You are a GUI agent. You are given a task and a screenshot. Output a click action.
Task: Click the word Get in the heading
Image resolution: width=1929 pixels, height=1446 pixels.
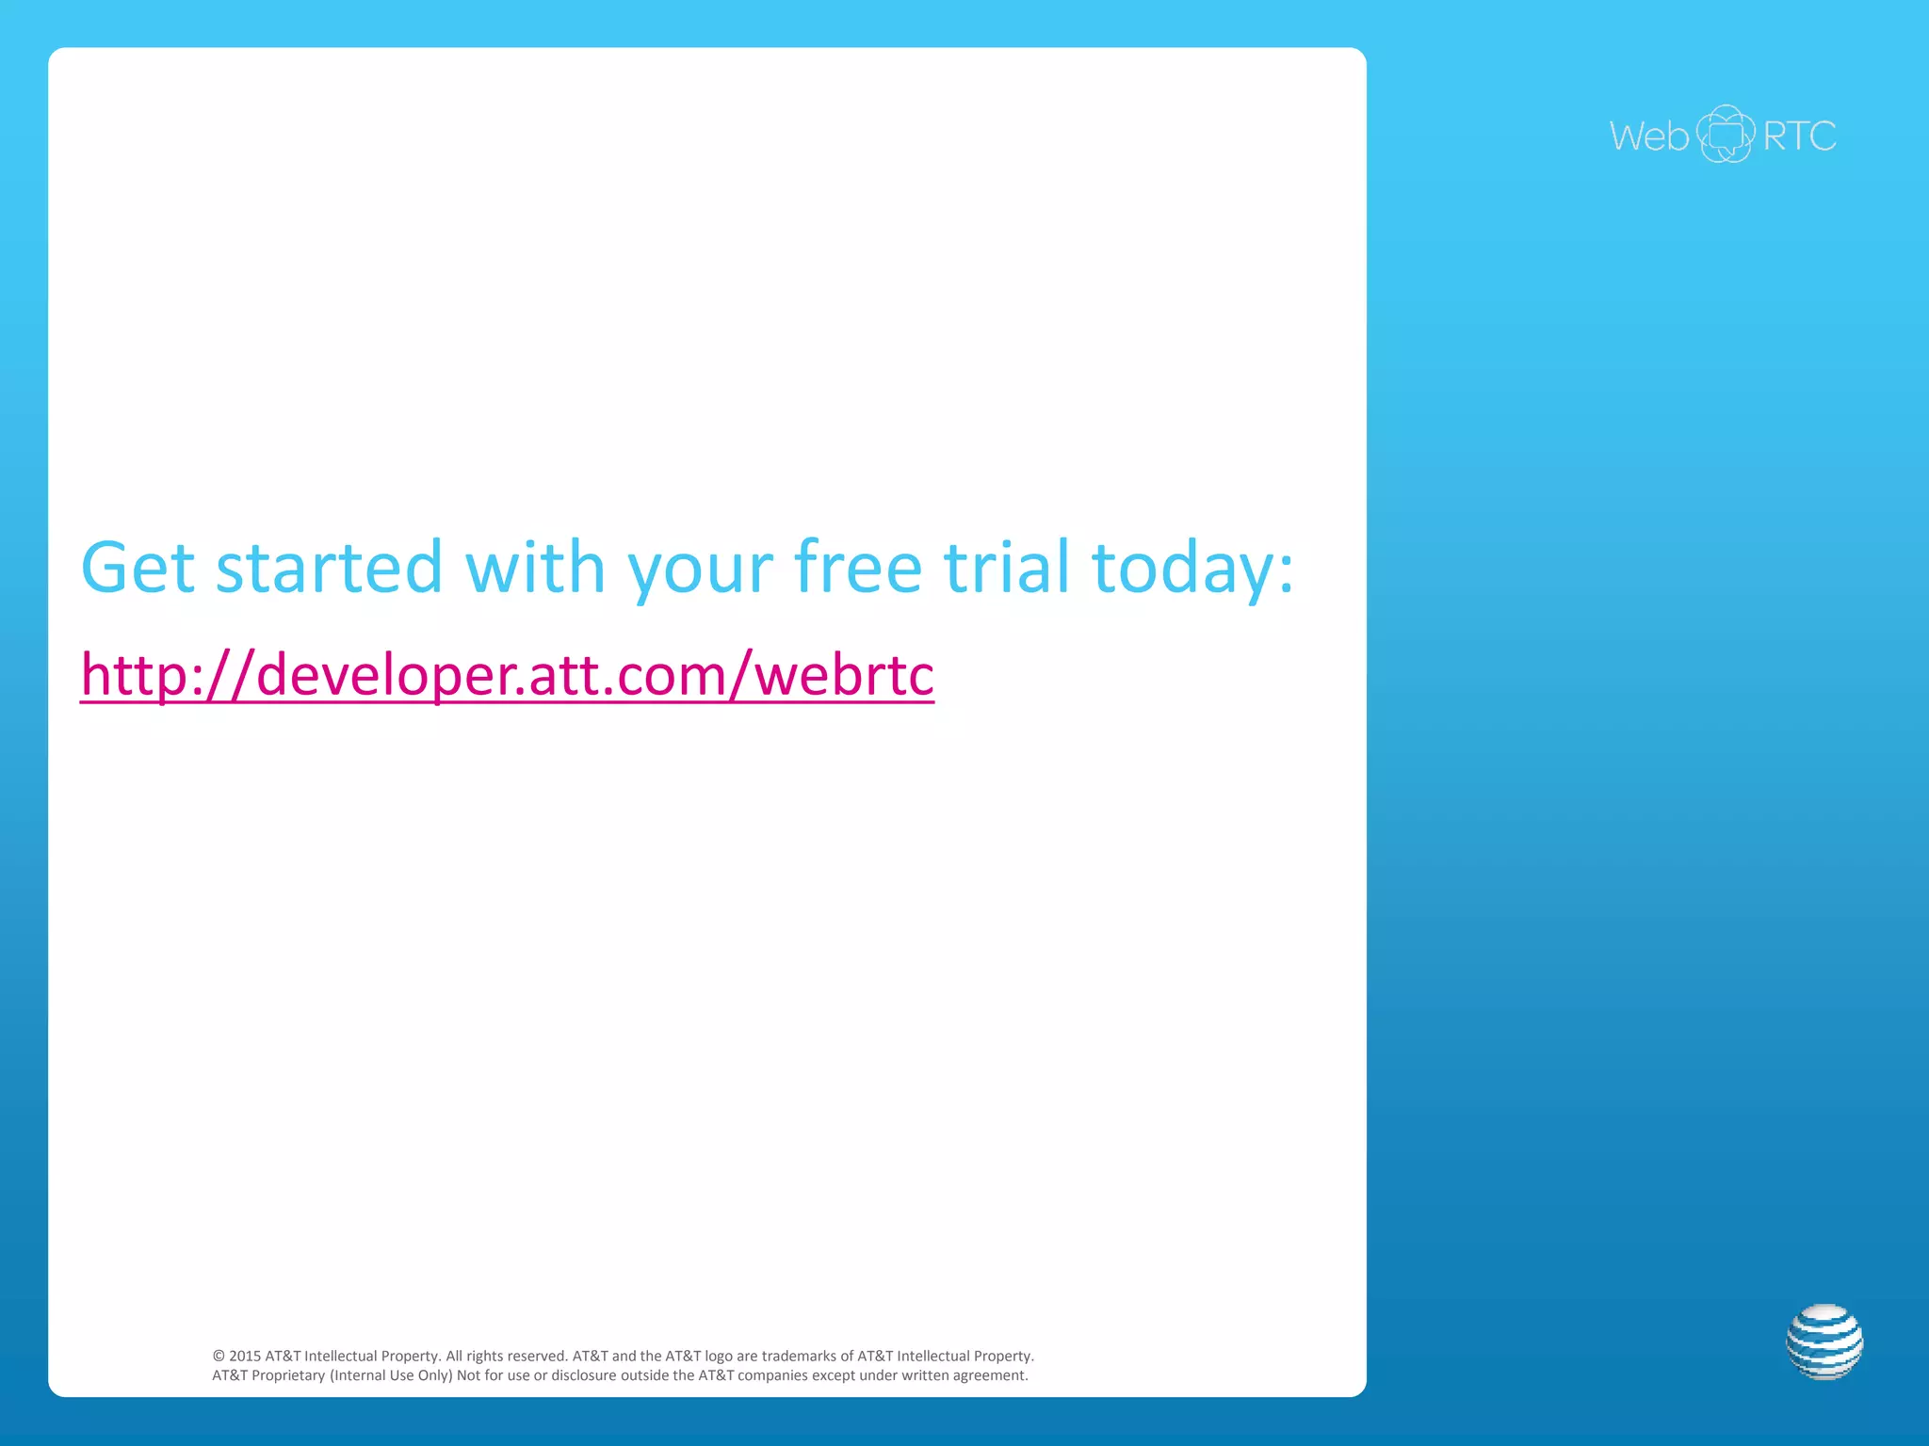click(x=138, y=568)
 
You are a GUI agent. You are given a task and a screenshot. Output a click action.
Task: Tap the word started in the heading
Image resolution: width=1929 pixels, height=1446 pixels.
click(x=329, y=568)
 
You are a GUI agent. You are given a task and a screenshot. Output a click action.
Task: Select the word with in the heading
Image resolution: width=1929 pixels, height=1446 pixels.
click(x=535, y=568)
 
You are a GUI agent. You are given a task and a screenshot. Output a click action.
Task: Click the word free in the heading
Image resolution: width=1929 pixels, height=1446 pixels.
click(x=858, y=568)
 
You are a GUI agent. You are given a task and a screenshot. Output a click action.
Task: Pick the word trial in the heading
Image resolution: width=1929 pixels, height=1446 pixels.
click(x=1007, y=568)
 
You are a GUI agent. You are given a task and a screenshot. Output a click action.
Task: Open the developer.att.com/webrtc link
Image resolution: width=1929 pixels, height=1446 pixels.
click(x=507, y=675)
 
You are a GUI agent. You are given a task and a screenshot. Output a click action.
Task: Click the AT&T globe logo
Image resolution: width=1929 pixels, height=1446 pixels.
click(x=1824, y=1342)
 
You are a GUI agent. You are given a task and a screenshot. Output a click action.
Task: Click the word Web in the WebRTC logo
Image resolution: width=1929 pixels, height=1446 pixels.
click(x=1648, y=137)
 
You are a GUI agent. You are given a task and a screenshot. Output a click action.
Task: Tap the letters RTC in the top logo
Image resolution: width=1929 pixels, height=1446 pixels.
click(x=1799, y=137)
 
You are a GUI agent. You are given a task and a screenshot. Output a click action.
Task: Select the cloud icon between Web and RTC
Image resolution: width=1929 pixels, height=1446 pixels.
click(x=1726, y=134)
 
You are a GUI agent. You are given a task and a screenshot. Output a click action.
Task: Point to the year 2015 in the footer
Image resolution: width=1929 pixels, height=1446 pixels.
click(x=245, y=1357)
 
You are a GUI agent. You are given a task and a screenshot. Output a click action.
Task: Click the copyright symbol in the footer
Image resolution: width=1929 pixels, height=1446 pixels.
click(x=219, y=1357)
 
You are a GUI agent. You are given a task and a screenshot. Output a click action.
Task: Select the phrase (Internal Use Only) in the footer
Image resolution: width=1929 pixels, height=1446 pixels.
click(x=391, y=1376)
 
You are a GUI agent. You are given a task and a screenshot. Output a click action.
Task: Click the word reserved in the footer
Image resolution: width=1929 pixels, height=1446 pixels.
click(x=537, y=1357)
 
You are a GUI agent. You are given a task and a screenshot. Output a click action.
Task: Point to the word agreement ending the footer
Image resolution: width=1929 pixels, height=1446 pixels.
click(x=989, y=1376)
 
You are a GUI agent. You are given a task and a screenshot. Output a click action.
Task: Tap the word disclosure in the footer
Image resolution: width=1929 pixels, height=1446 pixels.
click(x=584, y=1376)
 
